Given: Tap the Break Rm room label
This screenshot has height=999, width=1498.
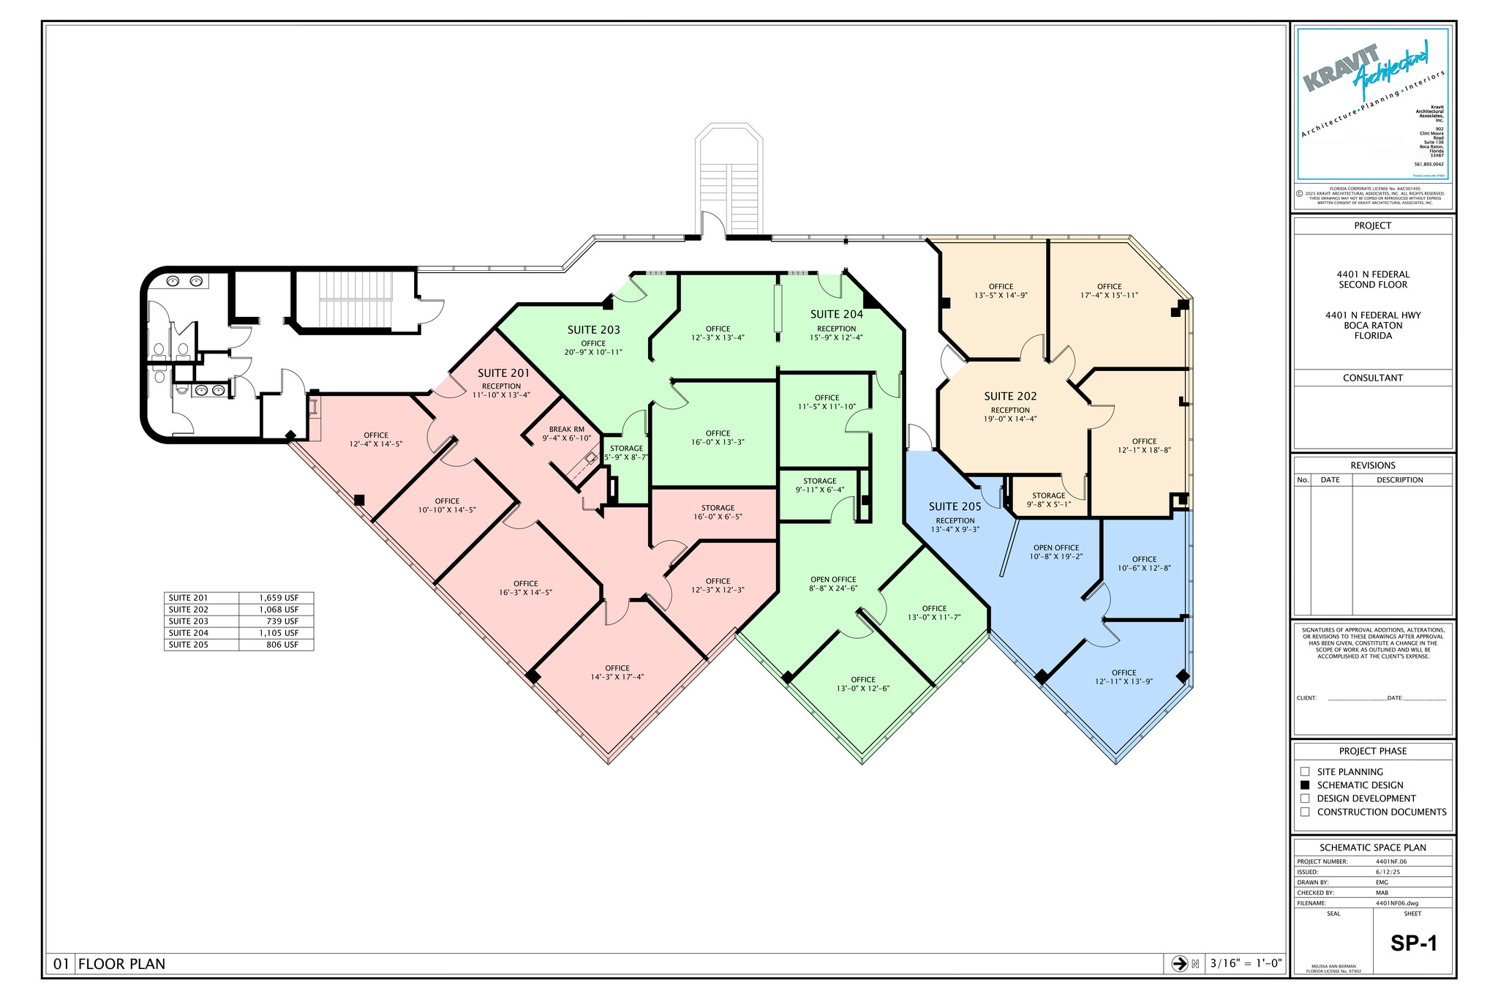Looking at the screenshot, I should pos(566,433).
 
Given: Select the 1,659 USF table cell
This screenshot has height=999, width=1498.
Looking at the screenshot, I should pos(278,598).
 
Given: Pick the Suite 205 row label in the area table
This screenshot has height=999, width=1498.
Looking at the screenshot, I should pos(189,645).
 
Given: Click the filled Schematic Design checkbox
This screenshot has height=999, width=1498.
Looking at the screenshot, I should pos(1305,785).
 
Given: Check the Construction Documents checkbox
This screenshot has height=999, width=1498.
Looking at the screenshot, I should pos(1305,812).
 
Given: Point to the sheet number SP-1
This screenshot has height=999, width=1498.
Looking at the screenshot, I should pos(1413,943).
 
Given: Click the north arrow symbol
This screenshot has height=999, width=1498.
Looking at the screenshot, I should pos(1179,963).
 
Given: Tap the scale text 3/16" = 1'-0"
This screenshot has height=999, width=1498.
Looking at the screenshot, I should pos(1246,963).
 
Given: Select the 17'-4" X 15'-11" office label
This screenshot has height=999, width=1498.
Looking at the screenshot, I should pos(1109,291).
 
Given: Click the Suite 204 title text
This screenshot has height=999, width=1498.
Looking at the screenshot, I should pos(836,315).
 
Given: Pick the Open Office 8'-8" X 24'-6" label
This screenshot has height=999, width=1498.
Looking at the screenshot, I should pos(833,583).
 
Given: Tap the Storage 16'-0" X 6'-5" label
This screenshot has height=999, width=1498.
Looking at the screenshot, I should pos(718,512).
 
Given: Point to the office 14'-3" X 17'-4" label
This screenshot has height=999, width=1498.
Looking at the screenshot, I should pos(617,673).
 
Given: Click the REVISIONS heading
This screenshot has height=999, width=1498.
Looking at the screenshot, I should pos(1372,465).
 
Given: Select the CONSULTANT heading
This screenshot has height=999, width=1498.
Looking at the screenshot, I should pos(1372,378).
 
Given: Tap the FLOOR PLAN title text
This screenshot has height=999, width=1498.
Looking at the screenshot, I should pos(121,964).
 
